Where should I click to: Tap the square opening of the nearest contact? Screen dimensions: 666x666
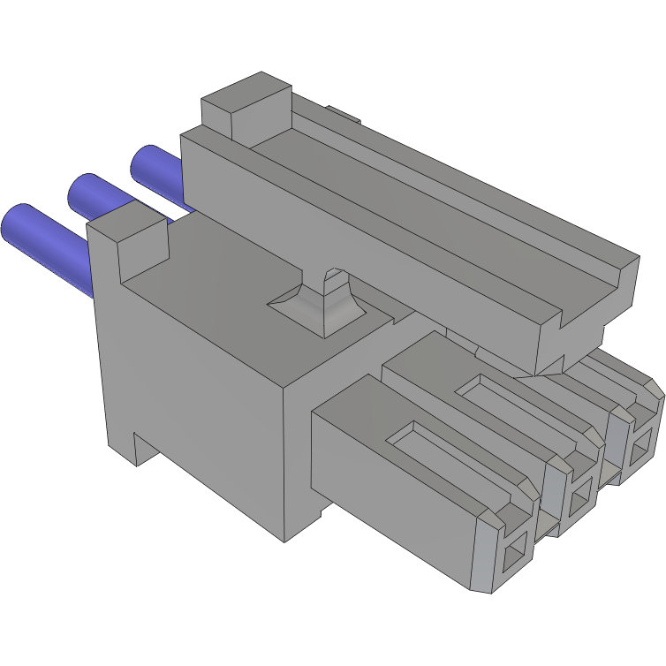(512, 557)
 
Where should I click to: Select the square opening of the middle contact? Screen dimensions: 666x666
(580, 503)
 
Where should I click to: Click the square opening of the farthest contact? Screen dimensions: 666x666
(639, 458)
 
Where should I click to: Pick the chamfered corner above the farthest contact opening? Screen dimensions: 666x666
(654, 389)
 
